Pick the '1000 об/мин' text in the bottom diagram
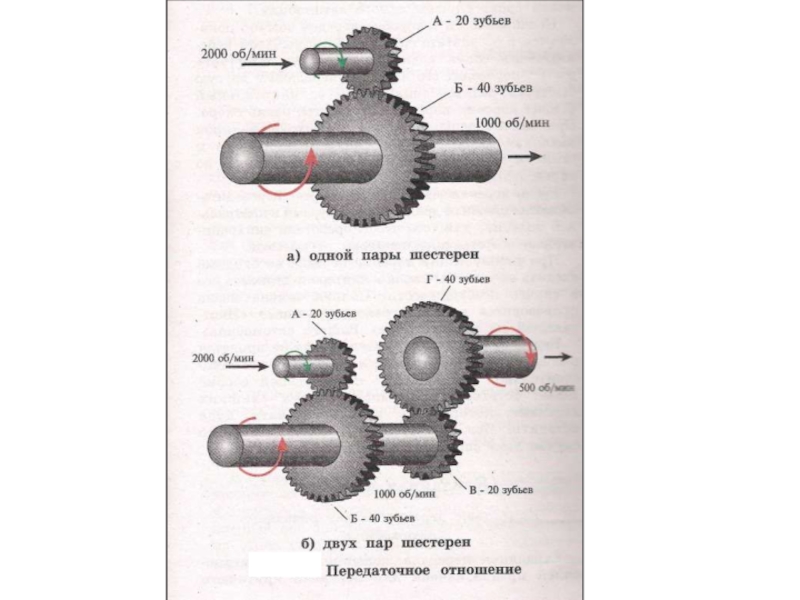click(x=404, y=493)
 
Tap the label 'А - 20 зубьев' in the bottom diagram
click(x=323, y=313)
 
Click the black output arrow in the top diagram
click(x=525, y=157)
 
